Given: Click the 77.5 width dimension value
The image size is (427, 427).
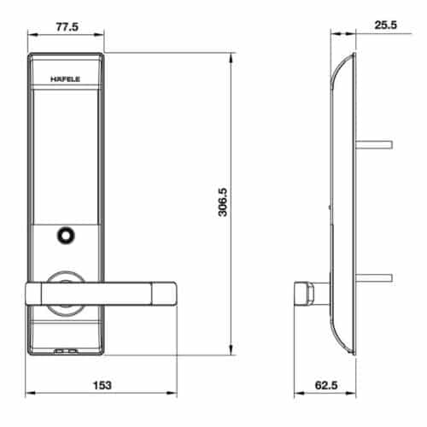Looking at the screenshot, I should pos(66,26).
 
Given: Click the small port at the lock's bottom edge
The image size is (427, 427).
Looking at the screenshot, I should pos(66,350).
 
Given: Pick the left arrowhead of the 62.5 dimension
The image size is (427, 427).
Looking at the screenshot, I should pos(296,395).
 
